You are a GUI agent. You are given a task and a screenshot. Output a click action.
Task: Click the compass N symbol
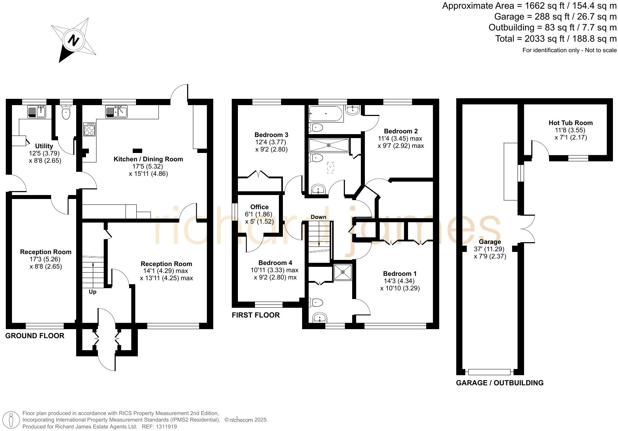click(74, 40)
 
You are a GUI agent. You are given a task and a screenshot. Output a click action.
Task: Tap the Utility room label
click(44, 146)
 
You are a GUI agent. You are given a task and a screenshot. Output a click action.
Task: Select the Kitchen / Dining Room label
click(148, 159)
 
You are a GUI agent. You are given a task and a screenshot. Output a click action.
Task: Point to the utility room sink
click(37, 112)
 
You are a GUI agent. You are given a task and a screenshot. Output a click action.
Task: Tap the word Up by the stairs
click(92, 291)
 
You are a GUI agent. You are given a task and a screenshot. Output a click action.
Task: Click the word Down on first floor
click(318, 217)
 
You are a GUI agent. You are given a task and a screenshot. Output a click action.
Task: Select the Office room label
click(259, 207)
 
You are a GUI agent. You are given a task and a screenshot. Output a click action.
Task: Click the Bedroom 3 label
click(271, 135)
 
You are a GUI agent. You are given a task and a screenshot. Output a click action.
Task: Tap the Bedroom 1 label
click(400, 274)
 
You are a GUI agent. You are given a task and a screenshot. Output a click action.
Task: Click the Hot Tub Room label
click(570, 123)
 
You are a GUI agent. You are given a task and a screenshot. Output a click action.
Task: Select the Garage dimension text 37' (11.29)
click(489, 249)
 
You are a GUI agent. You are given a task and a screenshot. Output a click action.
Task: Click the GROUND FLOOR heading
click(35, 336)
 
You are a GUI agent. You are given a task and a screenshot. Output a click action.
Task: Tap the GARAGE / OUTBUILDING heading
click(499, 383)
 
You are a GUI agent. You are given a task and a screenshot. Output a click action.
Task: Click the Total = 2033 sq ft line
click(556, 38)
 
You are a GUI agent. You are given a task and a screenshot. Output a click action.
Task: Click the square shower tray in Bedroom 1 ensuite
click(343, 272)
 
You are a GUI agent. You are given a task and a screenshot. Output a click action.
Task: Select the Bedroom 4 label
click(275, 263)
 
